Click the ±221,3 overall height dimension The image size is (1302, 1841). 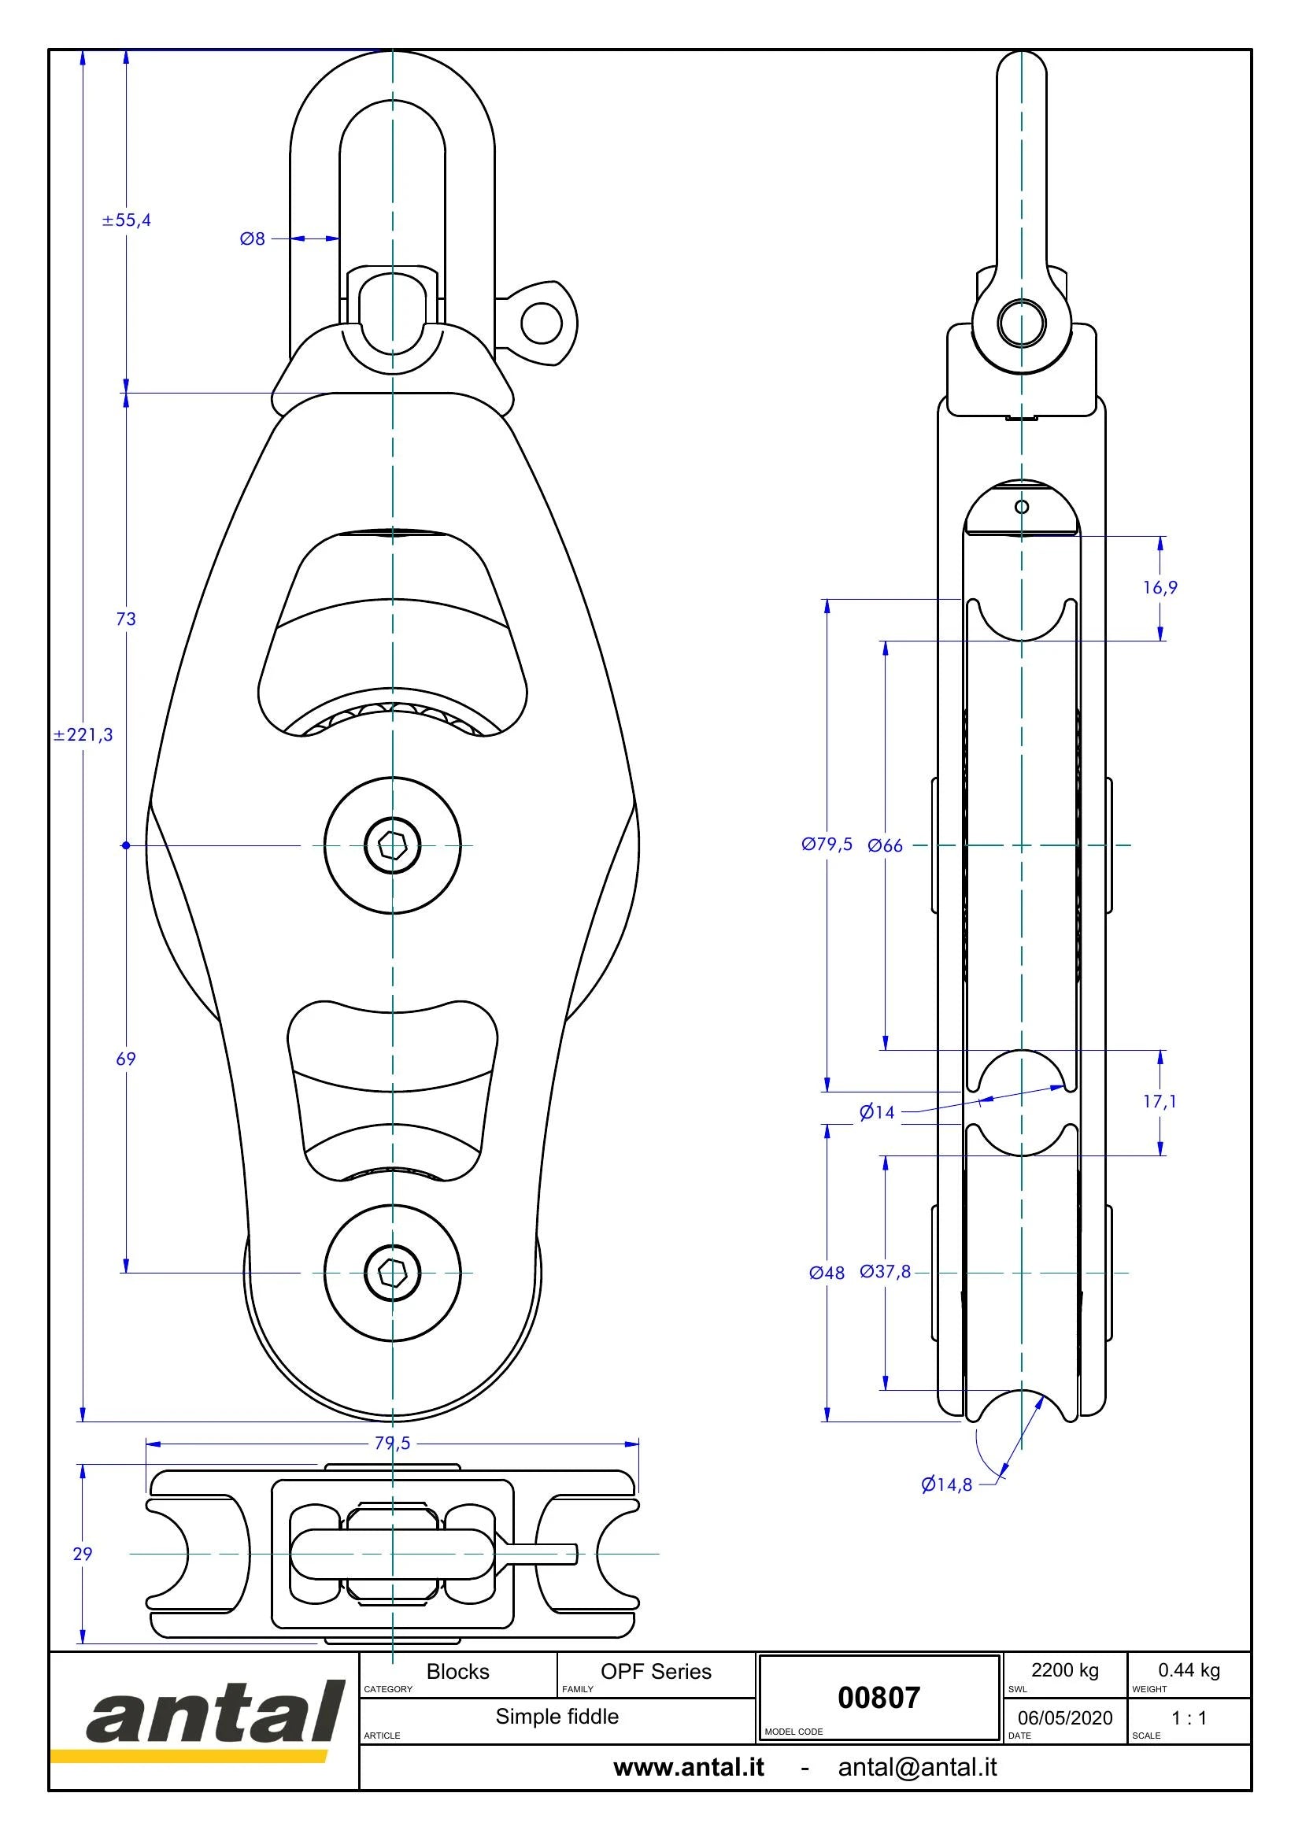pos(83,734)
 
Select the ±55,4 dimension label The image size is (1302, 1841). pos(127,220)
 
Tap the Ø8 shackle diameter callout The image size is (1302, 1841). pos(253,239)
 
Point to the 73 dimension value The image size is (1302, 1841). pos(126,619)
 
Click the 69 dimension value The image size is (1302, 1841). pos(126,1059)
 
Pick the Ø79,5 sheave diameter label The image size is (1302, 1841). pos(827,845)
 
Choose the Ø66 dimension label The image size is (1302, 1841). pos(885,845)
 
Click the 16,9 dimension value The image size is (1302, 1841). pos(1160,588)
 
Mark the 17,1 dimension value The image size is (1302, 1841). pos(1160,1102)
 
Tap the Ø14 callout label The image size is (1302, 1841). pos(877,1112)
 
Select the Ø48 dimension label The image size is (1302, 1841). pos(827,1273)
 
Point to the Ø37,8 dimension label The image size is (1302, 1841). pos(885,1272)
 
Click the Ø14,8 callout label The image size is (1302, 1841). pos(946,1485)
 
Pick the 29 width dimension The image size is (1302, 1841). pos(83,1554)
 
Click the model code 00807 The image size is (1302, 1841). pos(878,1698)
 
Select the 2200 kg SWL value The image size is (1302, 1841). pos(1065,1670)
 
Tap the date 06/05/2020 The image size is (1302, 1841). pos(1065,1718)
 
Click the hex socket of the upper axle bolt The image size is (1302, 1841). pos(392,845)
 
